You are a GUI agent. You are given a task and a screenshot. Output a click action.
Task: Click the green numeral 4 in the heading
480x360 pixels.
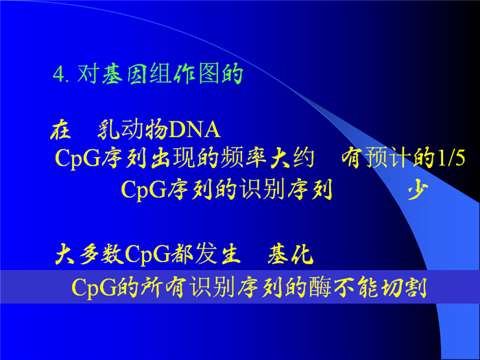coord(58,74)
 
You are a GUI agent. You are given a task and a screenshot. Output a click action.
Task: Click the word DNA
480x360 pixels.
coord(195,130)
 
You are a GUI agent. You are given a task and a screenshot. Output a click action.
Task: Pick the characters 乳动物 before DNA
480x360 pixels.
coord(132,130)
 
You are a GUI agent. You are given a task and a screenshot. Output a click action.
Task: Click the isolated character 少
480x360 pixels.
coord(418,189)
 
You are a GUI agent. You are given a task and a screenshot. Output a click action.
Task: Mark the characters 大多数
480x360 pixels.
coord(90,254)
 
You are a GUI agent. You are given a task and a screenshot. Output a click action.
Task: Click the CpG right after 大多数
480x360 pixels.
coord(147,254)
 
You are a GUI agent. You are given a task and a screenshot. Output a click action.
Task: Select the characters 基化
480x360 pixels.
coord(291,254)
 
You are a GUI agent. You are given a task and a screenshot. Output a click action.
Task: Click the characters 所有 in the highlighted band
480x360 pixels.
coord(163,287)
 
